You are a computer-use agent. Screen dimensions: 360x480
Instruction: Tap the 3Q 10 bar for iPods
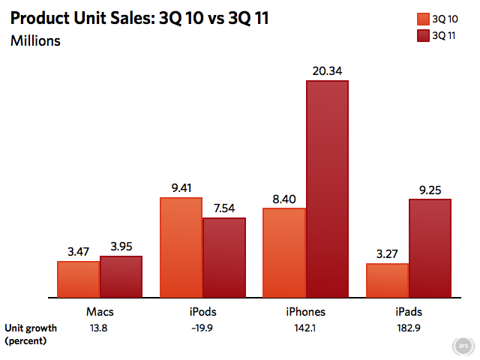click(x=181, y=247)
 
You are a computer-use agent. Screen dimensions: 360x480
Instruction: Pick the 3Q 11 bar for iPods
click(x=224, y=256)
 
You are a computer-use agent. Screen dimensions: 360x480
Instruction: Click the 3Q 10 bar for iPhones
click(x=284, y=252)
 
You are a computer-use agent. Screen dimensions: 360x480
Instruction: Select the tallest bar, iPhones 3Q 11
click(x=327, y=187)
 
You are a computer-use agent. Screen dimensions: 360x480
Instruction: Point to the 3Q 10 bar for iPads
click(x=387, y=280)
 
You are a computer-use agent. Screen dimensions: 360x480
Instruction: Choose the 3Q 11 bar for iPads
click(x=430, y=247)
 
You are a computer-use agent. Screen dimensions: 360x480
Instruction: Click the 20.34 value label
click(x=327, y=71)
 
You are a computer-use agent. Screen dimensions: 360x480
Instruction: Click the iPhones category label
click(x=305, y=311)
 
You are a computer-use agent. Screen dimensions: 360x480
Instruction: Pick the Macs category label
click(x=100, y=311)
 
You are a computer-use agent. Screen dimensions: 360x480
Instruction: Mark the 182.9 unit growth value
click(x=408, y=328)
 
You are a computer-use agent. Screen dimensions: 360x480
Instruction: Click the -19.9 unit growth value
click(x=202, y=328)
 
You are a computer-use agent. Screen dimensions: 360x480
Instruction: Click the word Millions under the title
click(x=35, y=40)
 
